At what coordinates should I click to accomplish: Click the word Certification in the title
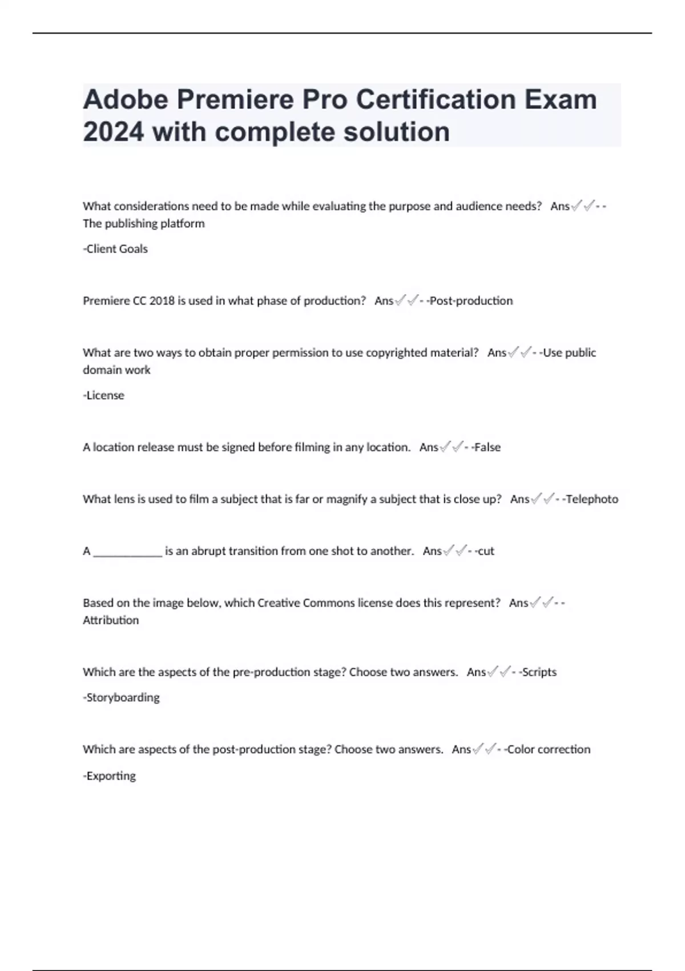pos(436,99)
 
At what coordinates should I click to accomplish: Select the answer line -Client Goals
pos(115,249)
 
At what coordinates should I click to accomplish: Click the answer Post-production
pos(471,301)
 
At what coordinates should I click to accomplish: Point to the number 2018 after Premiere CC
pos(162,301)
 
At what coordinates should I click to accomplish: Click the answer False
pos(487,447)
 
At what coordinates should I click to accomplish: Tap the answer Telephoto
pos(591,499)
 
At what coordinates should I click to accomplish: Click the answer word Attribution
pos(111,620)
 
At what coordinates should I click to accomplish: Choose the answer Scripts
pos(539,672)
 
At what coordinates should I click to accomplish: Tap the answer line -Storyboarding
pos(121,697)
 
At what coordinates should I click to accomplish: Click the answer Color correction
pos(549,749)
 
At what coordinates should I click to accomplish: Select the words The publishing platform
pos(144,223)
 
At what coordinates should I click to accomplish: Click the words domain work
pos(116,370)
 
